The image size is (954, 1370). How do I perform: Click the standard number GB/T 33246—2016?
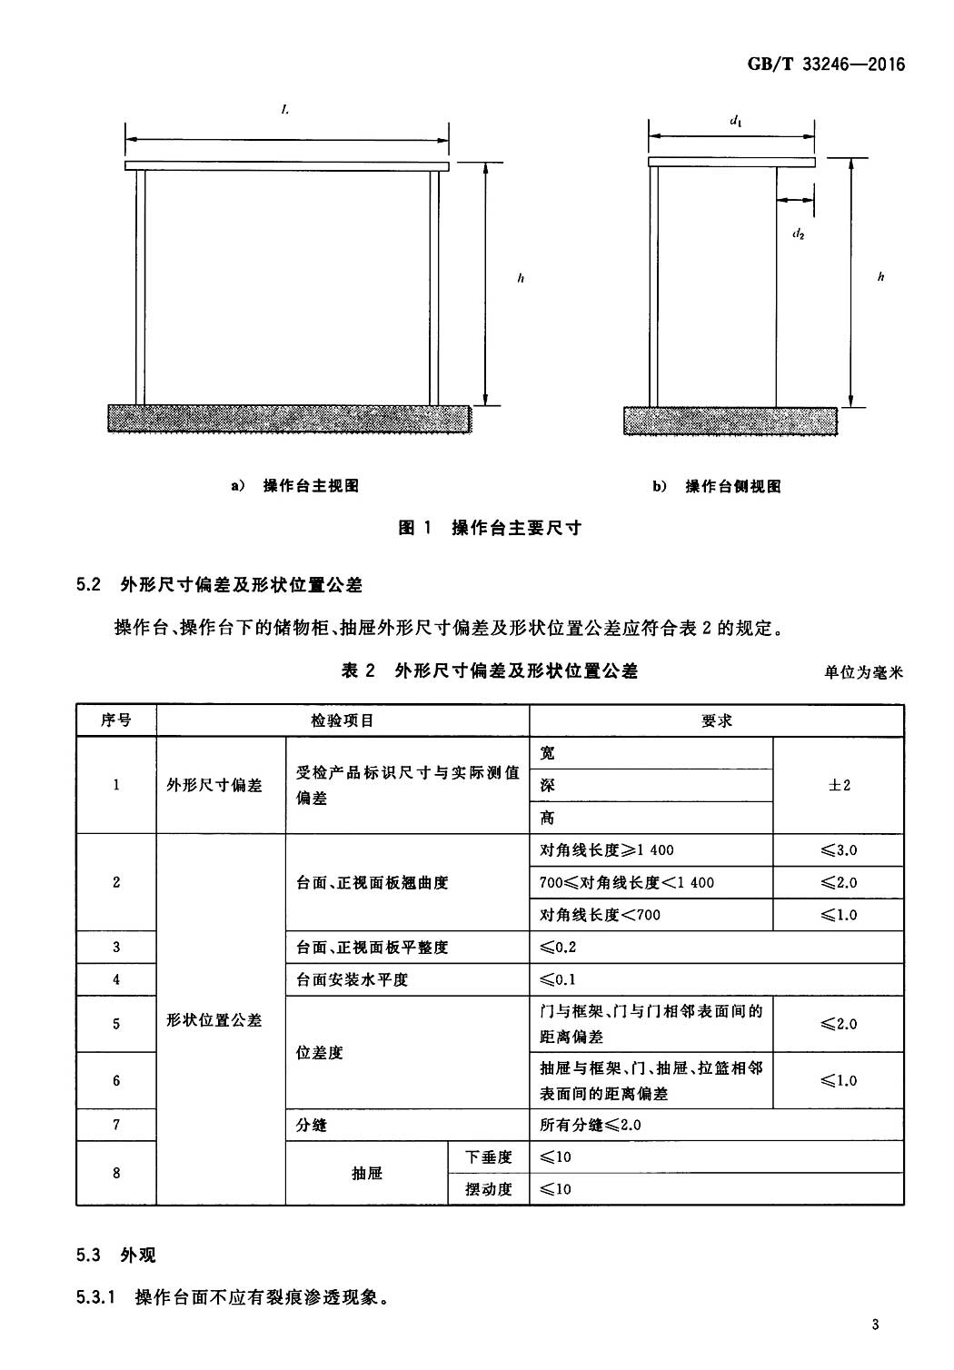coord(826,64)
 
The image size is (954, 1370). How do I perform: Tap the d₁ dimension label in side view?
coord(736,121)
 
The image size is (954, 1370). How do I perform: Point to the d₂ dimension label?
coord(798,233)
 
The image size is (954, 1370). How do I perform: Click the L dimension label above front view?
coord(285,110)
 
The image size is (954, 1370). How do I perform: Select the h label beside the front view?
coord(521,278)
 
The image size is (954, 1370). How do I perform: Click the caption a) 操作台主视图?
coord(294,486)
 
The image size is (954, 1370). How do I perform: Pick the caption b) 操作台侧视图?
coord(716,487)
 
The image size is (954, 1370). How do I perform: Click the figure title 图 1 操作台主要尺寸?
coord(489,528)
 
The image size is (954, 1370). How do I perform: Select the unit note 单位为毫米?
coord(863,673)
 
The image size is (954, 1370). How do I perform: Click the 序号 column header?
coord(116,720)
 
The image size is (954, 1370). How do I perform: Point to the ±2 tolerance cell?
coord(839,785)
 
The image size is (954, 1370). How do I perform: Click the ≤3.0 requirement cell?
coord(839,850)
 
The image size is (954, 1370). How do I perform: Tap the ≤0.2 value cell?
coord(717,948)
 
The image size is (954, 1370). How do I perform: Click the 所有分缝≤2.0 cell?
coord(717,1125)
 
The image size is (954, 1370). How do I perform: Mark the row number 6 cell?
coord(116,1081)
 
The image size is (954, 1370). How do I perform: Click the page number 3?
coord(876,1325)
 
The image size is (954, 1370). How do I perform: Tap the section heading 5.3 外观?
coord(116,1255)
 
